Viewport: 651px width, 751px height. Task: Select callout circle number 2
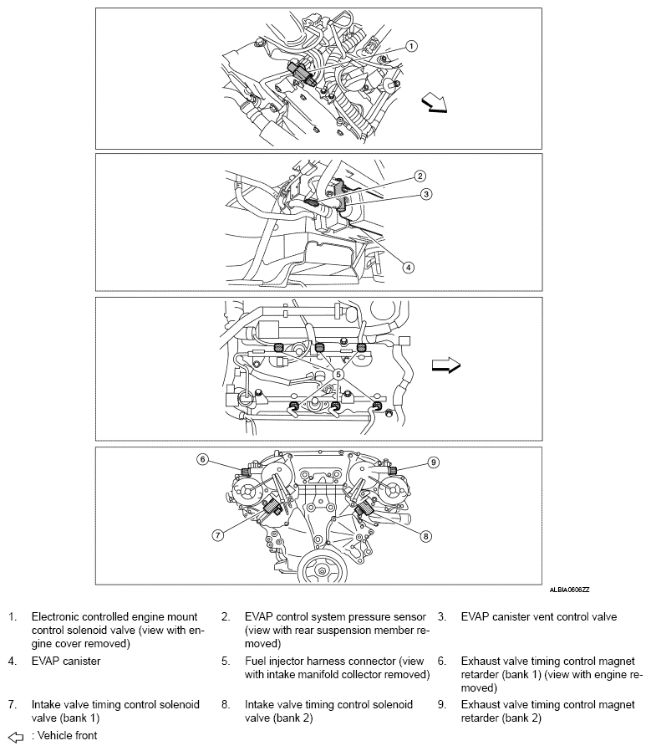420,176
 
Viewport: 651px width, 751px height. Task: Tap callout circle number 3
425,194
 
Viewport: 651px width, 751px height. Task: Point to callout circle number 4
408,268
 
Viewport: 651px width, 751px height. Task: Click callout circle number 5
338,375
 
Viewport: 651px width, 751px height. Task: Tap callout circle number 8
425,535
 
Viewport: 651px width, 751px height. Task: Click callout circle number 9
433,461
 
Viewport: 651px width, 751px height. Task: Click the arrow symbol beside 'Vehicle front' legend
15,736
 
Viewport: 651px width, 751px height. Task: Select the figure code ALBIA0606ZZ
568,590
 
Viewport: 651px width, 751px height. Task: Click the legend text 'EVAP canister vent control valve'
539,617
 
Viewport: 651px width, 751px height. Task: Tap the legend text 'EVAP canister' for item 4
66,661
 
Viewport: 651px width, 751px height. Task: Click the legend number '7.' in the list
13,705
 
